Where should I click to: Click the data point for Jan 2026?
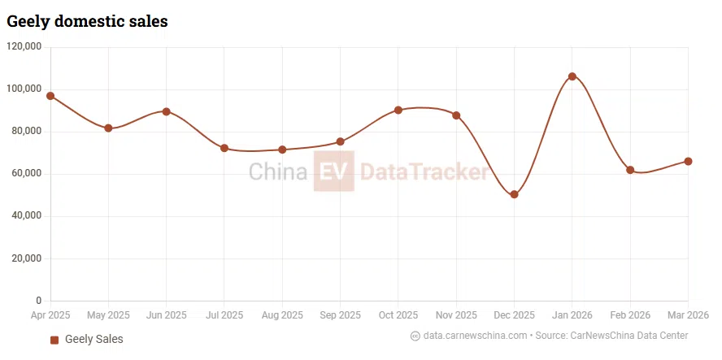(x=572, y=76)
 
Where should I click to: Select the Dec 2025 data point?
(x=514, y=194)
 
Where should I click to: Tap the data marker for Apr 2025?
(x=50, y=96)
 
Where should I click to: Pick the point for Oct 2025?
(x=398, y=110)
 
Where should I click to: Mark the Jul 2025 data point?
(x=224, y=148)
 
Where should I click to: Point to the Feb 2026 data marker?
(x=630, y=170)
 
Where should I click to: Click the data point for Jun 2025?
(x=166, y=111)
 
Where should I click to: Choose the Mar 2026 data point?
(x=688, y=161)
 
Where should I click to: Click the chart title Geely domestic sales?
(x=87, y=21)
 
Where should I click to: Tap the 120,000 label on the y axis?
(x=24, y=47)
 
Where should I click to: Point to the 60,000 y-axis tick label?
(x=27, y=174)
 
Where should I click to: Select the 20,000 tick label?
(x=27, y=258)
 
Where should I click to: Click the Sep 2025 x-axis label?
(x=340, y=315)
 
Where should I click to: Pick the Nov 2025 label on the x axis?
(x=456, y=315)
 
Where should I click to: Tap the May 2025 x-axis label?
(x=108, y=315)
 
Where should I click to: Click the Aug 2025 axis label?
(x=282, y=315)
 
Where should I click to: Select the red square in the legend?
(x=54, y=340)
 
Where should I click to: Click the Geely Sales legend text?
(x=94, y=339)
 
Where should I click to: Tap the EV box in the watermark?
(x=333, y=171)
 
